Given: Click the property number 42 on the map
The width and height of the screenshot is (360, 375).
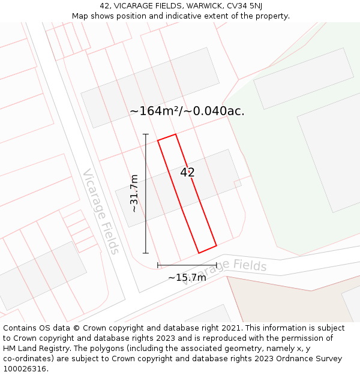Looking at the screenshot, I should tap(187, 172).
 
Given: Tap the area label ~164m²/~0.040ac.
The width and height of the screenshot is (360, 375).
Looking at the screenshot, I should tap(187, 111).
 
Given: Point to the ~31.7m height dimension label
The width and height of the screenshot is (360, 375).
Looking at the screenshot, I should tap(134, 193).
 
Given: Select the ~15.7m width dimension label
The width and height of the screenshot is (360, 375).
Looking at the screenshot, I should tap(187, 277).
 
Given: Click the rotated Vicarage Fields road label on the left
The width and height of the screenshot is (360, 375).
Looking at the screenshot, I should tap(101, 211).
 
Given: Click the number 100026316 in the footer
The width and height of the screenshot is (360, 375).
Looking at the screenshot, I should tap(25, 369).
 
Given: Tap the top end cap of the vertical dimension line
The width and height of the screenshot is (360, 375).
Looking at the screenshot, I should tap(146, 134).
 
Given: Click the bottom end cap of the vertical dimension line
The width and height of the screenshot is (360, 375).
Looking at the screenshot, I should tap(146, 253).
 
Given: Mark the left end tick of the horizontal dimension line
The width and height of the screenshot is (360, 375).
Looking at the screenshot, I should tap(158, 265).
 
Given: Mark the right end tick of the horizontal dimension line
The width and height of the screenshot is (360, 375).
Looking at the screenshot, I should tap(217, 265).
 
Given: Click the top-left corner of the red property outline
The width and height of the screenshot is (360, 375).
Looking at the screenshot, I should tap(158, 141).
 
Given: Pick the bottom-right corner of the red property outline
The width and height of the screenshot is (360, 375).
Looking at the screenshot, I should tap(216, 245).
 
